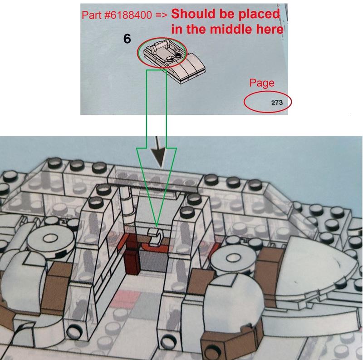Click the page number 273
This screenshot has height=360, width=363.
click(277, 103)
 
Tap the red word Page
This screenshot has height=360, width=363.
click(262, 83)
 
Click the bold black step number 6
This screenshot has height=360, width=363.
click(127, 39)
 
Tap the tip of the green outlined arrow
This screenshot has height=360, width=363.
click(157, 226)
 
